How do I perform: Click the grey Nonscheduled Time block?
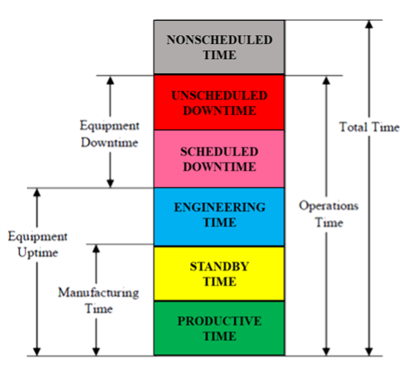click(219, 47)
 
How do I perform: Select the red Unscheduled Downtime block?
click(219, 102)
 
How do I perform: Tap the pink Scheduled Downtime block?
click(219, 159)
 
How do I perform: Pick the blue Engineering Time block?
click(219, 217)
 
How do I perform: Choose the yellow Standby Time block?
click(219, 274)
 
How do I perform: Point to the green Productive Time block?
click(219, 328)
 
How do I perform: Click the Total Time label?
click(369, 127)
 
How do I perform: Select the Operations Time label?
click(329, 214)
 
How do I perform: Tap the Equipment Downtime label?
click(110, 134)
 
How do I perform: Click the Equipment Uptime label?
click(38, 244)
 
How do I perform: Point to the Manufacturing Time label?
click(98, 300)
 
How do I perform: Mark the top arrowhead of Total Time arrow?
click(369, 24)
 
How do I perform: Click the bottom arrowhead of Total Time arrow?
click(369, 351)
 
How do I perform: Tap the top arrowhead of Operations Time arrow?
click(326, 81)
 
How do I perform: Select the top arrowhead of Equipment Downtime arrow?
click(110, 81)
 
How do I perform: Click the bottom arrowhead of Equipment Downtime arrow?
click(110, 183)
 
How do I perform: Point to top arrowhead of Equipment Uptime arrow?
click(37, 193)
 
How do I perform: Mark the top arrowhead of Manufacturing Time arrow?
click(96, 249)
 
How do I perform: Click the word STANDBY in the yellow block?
click(220, 267)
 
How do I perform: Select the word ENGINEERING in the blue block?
click(220, 207)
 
